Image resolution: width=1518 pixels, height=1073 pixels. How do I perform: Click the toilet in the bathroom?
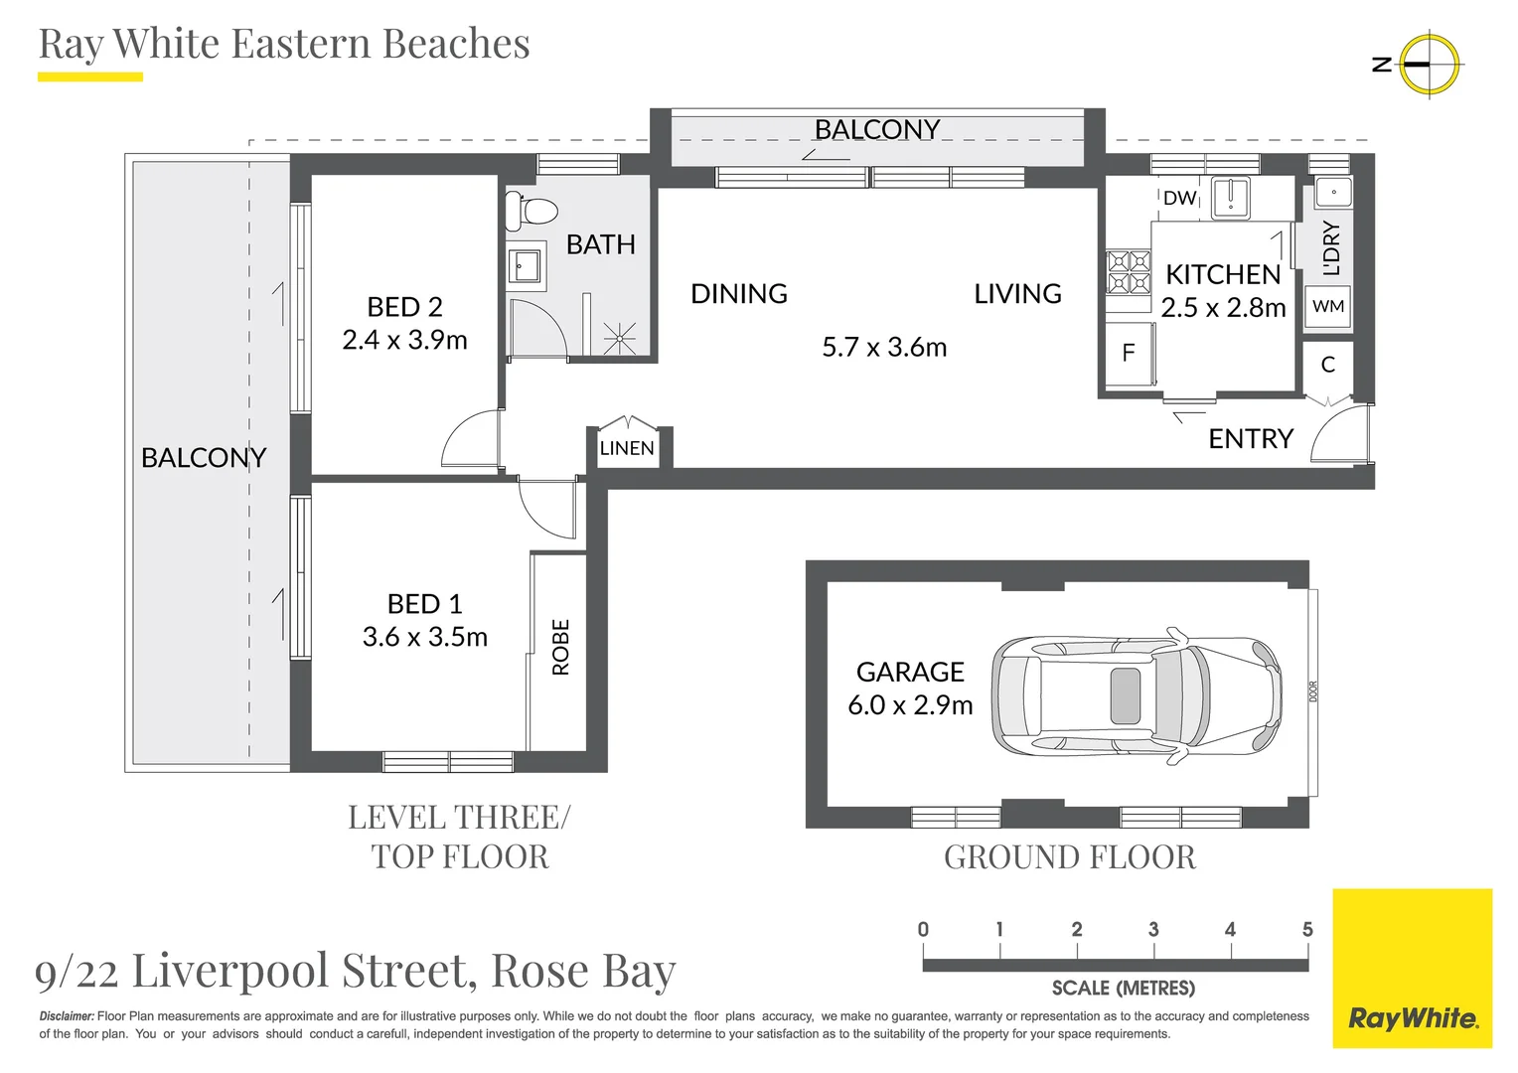tap(531, 211)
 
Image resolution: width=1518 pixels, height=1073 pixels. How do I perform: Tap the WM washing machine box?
tap(1327, 306)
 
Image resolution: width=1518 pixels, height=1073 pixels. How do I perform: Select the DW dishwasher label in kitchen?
tap(1179, 198)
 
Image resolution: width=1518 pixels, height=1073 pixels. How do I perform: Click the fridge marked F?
tap(1129, 353)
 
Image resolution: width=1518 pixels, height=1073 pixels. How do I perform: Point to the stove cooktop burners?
tap(1129, 271)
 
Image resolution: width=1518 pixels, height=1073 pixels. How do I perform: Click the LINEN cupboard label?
tap(627, 448)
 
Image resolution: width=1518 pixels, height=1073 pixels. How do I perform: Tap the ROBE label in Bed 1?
tap(560, 648)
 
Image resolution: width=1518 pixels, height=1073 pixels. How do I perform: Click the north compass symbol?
tap(1429, 65)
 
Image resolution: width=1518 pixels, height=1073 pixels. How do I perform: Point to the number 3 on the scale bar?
tap(1153, 929)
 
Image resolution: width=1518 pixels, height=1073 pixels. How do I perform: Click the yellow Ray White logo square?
tap(1413, 968)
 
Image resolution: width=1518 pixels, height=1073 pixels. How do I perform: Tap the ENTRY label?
tap(1251, 439)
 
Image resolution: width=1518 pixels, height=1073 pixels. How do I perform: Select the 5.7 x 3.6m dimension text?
tap(884, 347)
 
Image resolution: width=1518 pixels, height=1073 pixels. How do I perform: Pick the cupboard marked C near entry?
tap(1328, 366)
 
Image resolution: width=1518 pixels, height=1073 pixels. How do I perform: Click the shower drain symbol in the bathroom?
tap(619, 338)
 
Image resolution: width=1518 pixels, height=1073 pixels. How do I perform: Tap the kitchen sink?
tap(1231, 198)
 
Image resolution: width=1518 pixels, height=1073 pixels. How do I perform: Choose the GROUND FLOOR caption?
tap(1070, 857)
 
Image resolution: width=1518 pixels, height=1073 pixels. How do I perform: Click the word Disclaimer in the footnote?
tap(67, 1016)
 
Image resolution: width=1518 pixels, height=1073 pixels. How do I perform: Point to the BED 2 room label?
tap(404, 307)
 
